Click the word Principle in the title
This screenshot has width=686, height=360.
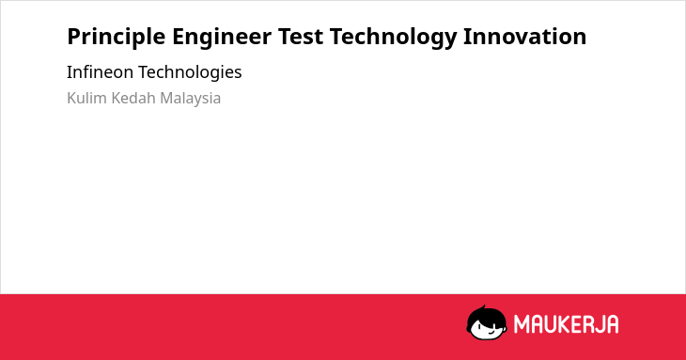point(116,37)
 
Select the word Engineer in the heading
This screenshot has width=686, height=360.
point(222,37)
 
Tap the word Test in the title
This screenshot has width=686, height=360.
point(301,37)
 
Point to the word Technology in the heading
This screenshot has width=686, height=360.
point(394,37)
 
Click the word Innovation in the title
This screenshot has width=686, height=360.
point(525,37)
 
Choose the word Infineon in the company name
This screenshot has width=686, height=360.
point(100,71)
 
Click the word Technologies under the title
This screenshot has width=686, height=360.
point(190,72)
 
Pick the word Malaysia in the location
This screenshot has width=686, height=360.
point(191,99)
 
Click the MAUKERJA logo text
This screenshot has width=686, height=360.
point(566,324)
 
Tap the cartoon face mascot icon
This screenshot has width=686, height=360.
point(487,322)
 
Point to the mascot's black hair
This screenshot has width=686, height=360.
point(486,315)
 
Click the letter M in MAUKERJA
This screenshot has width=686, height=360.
point(522,324)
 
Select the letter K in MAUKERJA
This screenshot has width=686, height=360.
point(563,324)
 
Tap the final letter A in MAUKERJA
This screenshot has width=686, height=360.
point(613,324)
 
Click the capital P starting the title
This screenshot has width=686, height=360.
point(73,37)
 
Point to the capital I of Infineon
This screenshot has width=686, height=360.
point(69,71)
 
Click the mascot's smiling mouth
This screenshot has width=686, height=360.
point(491,334)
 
